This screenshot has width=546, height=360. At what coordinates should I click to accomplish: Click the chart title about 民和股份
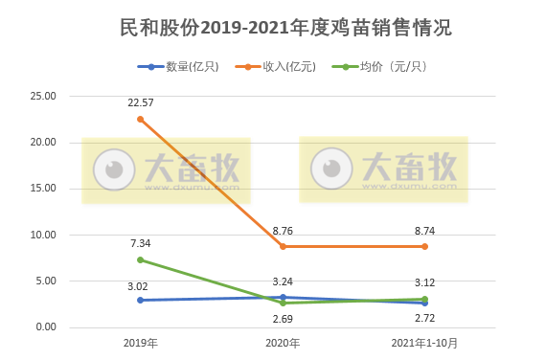point(273,28)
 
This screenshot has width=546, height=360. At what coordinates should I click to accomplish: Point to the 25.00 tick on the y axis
point(43,97)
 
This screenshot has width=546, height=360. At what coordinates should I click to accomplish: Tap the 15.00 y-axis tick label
point(43,189)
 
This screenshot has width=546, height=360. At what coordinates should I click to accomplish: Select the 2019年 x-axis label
point(141,343)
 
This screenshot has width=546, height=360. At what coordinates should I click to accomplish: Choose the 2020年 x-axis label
point(283,343)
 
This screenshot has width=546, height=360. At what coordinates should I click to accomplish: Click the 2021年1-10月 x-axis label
point(425,343)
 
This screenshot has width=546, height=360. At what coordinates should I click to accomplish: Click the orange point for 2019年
point(141,120)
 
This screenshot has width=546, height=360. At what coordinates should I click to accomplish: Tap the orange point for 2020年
point(283,247)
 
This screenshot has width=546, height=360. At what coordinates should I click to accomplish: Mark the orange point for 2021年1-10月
point(425,247)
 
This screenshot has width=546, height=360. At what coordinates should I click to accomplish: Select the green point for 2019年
point(141,259)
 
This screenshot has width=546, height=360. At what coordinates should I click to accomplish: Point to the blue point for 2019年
point(141,300)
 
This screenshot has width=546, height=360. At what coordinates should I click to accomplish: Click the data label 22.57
point(141,102)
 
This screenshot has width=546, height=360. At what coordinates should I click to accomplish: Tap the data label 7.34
point(141,243)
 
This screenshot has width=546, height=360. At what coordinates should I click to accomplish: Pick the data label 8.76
point(283,231)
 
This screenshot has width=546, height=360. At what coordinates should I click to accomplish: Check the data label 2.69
point(283,318)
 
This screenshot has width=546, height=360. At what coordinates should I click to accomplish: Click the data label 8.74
point(425,231)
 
